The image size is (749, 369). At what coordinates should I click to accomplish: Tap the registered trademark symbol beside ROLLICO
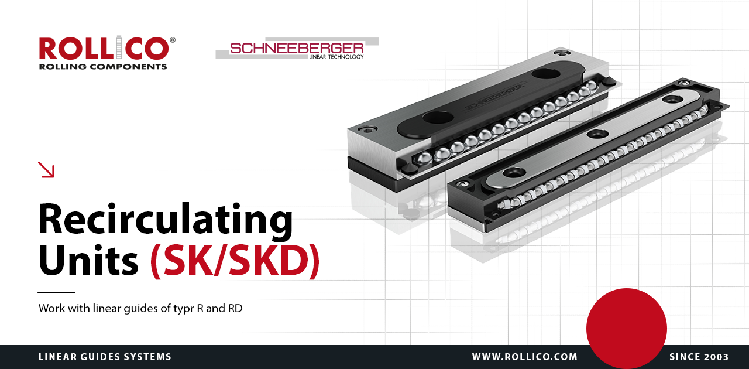point(173,40)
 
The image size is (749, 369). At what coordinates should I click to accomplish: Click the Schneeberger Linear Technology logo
point(297,49)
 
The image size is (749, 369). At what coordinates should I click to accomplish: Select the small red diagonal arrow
point(46,169)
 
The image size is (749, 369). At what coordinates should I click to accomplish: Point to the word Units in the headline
point(88,260)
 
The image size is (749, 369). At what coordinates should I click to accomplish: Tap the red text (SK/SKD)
point(235,261)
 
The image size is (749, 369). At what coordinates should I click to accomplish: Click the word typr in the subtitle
point(184,309)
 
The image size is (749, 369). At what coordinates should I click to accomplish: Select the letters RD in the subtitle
point(235,308)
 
